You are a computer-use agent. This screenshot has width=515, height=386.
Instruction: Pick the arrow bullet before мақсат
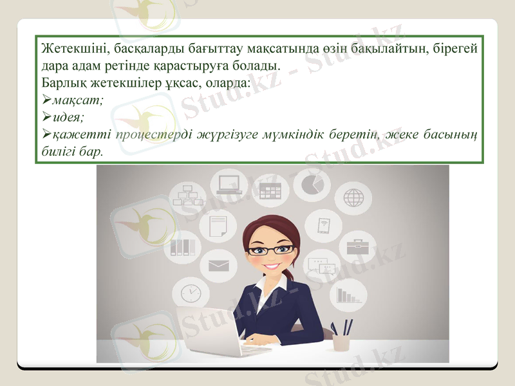tap(46, 101)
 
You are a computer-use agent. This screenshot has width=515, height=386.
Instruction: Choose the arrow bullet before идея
tap(46, 118)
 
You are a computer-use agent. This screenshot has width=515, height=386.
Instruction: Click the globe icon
tap(353, 198)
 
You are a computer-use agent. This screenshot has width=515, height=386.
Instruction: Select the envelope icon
tap(219, 265)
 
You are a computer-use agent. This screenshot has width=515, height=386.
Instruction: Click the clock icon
tap(191, 293)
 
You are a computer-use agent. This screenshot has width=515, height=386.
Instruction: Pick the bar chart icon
tap(348, 295)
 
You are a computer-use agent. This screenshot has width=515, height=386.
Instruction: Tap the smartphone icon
tap(323, 225)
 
